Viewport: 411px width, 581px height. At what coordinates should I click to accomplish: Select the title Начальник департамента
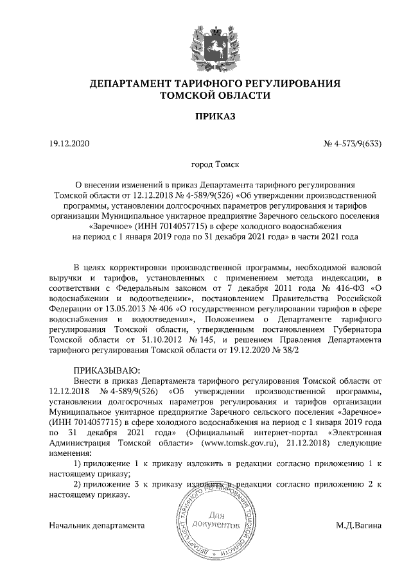97,525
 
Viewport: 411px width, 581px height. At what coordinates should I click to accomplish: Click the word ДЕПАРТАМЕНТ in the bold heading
128,83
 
